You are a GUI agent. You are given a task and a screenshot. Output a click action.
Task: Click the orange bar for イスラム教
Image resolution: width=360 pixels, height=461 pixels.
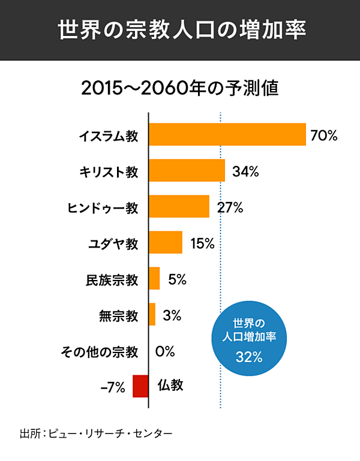(x=227, y=134)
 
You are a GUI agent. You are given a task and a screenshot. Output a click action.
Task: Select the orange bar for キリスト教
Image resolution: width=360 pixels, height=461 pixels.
(x=187, y=171)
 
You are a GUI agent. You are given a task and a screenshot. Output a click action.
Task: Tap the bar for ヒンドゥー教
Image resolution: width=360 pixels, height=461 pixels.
(x=179, y=207)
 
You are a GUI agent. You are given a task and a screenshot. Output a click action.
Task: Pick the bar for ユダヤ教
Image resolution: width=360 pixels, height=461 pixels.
(x=166, y=243)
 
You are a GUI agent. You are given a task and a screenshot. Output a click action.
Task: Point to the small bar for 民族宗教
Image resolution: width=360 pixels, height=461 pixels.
(x=154, y=279)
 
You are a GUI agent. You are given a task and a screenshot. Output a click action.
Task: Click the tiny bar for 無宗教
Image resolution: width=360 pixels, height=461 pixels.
(x=152, y=315)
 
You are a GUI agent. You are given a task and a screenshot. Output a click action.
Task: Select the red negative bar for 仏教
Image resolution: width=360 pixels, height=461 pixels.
(x=140, y=385)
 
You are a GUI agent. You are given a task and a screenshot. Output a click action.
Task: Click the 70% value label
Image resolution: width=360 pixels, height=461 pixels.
(x=324, y=135)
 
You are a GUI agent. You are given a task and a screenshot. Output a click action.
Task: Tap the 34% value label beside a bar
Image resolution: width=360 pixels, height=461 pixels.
(x=245, y=172)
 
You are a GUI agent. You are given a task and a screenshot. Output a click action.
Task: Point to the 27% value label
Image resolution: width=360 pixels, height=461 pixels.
(x=230, y=208)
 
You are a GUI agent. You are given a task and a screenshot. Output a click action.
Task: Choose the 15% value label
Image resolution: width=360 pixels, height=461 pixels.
(x=202, y=243)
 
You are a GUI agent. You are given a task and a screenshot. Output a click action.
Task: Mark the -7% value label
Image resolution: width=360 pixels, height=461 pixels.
(x=113, y=387)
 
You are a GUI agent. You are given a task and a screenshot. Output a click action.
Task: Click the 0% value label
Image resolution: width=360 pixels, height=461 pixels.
(x=164, y=351)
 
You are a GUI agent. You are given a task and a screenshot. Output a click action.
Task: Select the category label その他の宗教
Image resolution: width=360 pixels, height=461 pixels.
(x=100, y=351)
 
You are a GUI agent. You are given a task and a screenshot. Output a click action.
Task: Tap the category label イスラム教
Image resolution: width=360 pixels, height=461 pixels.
(x=109, y=136)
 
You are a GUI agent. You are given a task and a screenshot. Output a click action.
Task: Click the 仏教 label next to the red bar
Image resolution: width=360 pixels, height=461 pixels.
(x=170, y=385)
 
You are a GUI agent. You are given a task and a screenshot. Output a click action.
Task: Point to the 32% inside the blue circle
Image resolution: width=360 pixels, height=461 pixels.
(x=249, y=358)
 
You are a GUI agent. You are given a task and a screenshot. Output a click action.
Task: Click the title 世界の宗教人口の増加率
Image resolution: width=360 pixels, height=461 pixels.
(x=180, y=30)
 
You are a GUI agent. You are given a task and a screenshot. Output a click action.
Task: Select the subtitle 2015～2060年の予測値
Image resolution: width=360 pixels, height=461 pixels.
(x=180, y=89)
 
